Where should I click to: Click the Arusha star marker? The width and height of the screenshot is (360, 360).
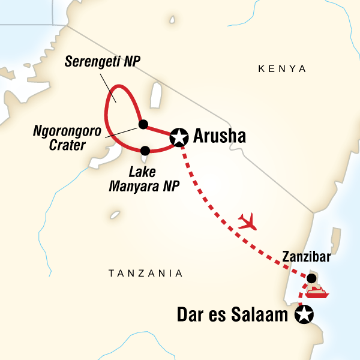pyautogui.click(x=179, y=137)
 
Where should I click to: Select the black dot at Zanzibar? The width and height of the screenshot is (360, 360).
pyautogui.click(x=311, y=278)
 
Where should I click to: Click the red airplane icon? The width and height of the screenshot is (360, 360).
pyautogui.click(x=247, y=223)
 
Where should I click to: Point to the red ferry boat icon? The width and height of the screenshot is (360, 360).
pyautogui.click(x=315, y=293)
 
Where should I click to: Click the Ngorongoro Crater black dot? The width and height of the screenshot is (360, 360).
pyautogui.click(x=143, y=124)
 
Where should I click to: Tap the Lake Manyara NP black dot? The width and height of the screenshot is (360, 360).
pyautogui.click(x=145, y=150)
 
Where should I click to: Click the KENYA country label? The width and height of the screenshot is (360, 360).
pyautogui.click(x=282, y=70)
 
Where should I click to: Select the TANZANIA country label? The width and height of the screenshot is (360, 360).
pyautogui.click(x=145, y=274)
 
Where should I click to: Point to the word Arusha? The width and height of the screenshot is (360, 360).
pyautogui.click(x=221, y=137)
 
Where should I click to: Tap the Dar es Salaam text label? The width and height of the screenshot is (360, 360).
pyautogui.click(x=232, y=314)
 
